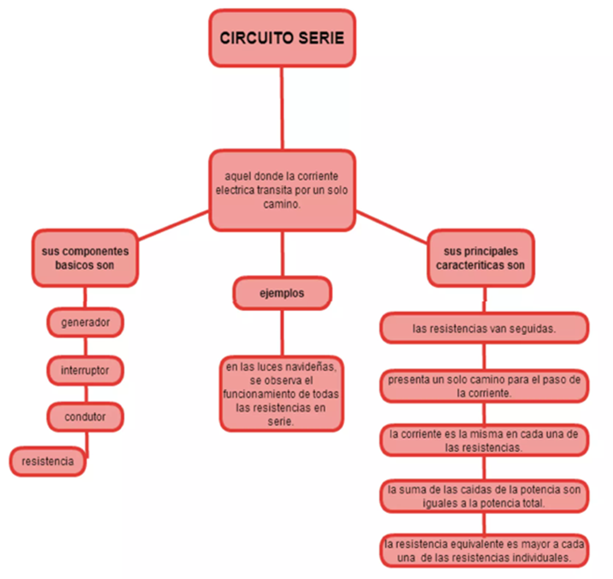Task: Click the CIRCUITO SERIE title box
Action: [282, 38]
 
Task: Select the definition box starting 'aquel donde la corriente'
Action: [282, 190]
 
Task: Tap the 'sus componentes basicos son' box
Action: [85, 258]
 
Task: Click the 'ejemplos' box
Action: [282, 293]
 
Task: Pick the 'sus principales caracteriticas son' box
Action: [480, 258]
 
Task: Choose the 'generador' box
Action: [85, 322]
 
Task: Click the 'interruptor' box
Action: [85, 370]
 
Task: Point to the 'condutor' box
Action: [85, 417]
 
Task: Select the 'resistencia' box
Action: [48, 462]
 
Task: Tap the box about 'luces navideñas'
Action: [282, 394]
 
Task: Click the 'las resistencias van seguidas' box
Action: [484, 328]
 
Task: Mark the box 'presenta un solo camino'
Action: [484, 386]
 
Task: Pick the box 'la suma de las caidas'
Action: [484, 496]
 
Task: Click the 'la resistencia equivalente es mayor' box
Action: [484, 550]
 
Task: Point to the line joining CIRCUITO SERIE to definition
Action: [282, 108]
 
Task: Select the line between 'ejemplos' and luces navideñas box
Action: [282, 332]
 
